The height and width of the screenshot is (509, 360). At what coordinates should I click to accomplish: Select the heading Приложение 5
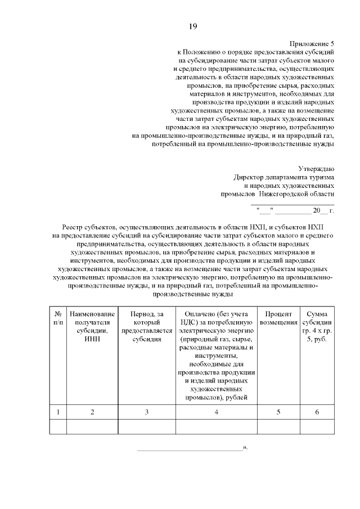tap(312, 43)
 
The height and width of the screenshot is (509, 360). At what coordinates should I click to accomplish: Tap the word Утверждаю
tap(316, 168)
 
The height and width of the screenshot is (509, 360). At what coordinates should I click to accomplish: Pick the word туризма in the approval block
tap(321, 177)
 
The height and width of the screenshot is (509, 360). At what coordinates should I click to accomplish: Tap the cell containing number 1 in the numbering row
tap(58, 412)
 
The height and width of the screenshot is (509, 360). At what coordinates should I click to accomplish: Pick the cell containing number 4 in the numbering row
tap(217, 412)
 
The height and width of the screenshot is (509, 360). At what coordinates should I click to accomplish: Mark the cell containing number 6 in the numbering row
tap(316, 412)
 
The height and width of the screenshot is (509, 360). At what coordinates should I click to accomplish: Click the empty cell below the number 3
tap(146, 427)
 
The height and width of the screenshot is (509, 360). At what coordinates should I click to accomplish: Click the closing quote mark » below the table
tap(245, 448)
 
